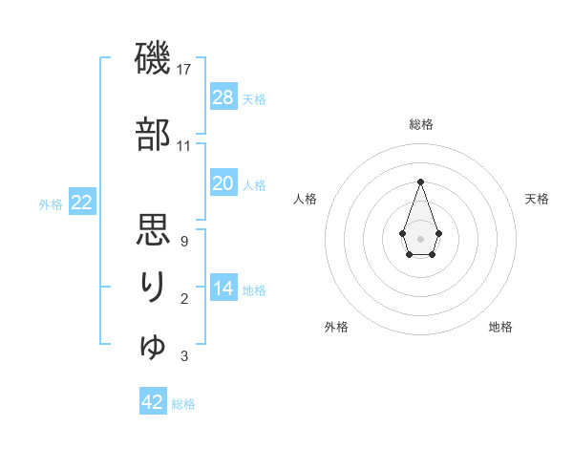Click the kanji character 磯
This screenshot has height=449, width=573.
[x=153, y=59]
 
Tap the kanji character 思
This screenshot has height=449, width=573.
[x=153, y=230]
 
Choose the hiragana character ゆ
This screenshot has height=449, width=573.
[x=153, y=346]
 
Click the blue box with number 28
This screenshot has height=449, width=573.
[x=223, y=97]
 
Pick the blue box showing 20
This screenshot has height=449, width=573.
[x=223, y=183]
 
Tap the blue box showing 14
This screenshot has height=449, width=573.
[x=223, y=289]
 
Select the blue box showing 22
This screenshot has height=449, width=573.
[x=82, y=203]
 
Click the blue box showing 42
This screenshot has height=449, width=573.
[x=153, y=402]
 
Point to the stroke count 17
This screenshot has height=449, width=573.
[x=185, y=70]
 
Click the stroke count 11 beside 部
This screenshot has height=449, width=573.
[x=184, y=146]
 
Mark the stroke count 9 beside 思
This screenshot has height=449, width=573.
[x=183, y=242]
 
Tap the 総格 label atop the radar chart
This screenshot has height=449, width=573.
[x=421, y=125]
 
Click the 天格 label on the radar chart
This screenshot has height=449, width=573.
[x=538, y=199]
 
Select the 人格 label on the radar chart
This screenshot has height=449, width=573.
[x=305, y=199]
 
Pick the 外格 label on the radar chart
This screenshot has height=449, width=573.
[x=336, y=327]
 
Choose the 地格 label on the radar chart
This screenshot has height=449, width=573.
[x=500, y=327]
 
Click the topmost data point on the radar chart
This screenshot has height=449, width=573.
[x=420, y=182]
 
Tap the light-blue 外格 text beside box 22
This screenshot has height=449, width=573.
[x=51, y=203]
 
